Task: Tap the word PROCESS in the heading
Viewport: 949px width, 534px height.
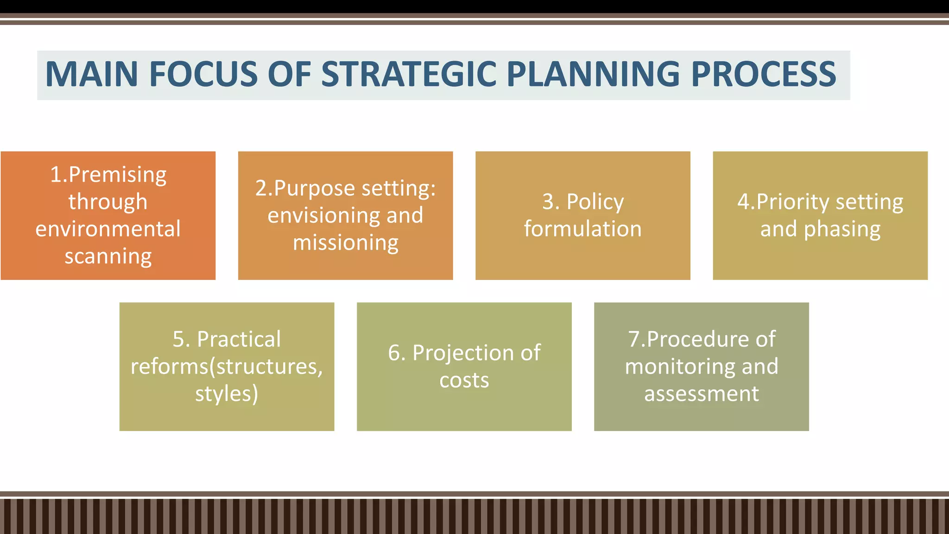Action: tap(763, 74)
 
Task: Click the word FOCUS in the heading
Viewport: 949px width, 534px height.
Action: tap(203, 74)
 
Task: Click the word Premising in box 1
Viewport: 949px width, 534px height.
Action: tap(117, 175)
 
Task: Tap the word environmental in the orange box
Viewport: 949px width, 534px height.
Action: tap(108, 229)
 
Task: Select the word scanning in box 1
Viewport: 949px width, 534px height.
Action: tap(108, 257)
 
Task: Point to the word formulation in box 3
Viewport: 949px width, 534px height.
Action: tap(583, 229)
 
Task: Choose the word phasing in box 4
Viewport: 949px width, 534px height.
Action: tap(842, 229)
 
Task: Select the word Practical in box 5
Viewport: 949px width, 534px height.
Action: tap(239, 339)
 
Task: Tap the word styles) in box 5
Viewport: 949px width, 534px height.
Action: tap(227, 394)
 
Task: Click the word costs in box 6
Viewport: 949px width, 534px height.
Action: tap(464, 381)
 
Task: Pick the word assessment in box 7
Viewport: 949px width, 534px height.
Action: tap(701, 394)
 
